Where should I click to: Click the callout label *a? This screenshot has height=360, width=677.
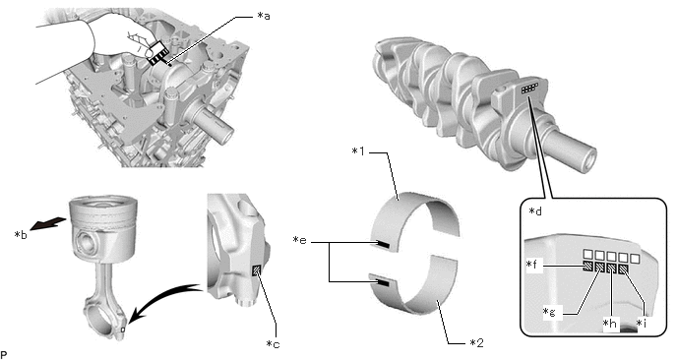click(264, 17)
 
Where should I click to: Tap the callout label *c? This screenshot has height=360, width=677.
click(273, 343)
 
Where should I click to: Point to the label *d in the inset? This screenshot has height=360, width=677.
click(535, 211)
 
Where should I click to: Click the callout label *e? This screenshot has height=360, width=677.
click(300, 240)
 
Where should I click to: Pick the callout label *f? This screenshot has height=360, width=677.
click(533, 264)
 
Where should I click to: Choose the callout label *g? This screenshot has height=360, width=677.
click(550, 312)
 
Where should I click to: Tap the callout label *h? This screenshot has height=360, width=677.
click(610, 323)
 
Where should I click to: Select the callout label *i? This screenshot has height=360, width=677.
click(642, 323)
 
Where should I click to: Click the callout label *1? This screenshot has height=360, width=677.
click(358, 151)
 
